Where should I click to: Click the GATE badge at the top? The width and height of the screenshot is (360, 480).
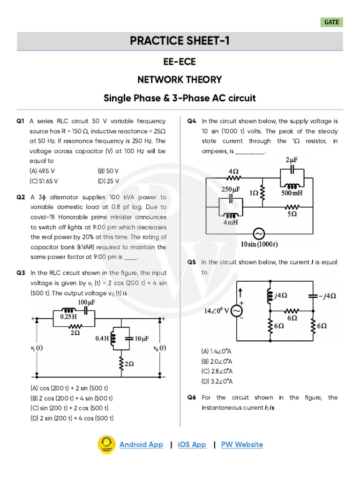click(x=331, y=22)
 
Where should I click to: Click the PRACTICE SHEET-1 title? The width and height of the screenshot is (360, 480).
click(x=180, y=41)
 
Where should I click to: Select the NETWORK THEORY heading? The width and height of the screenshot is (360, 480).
click(x=180, y=80)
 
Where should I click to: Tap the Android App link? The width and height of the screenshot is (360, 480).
click(x=141, y=444)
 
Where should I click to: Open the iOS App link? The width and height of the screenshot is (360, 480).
click(x=192, y=444)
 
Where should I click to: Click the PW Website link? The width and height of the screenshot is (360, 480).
click(x=242, y=444)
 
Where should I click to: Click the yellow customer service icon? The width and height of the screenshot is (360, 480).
click(x=106, y=444)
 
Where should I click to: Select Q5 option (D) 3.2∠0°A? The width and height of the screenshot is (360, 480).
click(x=217, y=381)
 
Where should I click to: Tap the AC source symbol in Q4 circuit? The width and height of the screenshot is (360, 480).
click(x=259, y=233)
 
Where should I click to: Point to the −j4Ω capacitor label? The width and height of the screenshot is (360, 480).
click(x=327, y=296)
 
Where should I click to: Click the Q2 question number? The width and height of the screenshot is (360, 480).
click(x=21, y=197)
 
